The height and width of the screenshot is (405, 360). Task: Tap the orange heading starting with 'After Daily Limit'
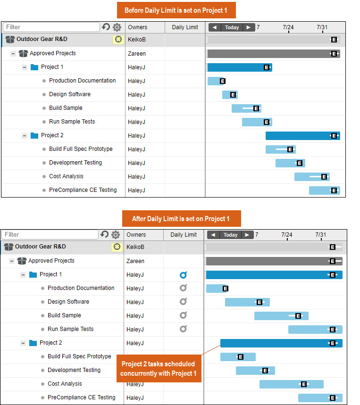181,218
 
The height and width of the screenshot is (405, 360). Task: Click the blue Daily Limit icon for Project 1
183,275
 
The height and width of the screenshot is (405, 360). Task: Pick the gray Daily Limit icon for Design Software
183,302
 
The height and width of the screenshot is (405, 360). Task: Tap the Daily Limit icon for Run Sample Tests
183,329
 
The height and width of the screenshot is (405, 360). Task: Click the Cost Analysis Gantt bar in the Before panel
312,177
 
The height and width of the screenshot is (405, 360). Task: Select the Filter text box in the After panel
50,234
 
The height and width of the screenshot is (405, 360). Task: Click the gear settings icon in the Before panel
116,27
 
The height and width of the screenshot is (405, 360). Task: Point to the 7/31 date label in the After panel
320,235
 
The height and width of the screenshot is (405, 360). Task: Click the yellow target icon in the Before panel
118,40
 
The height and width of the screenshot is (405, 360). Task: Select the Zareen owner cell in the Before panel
137,54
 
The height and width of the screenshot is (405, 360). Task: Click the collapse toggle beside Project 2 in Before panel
24,136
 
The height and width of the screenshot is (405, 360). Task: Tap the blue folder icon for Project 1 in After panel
33,274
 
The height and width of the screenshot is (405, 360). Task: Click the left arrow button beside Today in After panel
213,235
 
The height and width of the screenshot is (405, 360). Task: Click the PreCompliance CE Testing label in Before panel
83,190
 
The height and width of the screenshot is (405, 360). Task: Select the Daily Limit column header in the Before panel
185,27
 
